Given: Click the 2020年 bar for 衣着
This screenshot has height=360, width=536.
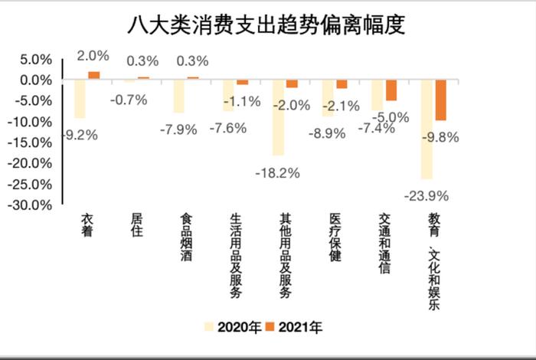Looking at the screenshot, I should click(x=80, y=99).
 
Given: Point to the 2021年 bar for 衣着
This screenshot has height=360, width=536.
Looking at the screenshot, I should click(x=93, y=75).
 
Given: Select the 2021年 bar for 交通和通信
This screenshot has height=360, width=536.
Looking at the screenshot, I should click(x=391, y=90).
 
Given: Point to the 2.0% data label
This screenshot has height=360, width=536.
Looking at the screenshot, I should click(x=93, y=55).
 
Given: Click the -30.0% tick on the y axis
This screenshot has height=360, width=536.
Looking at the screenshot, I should click(x=31, y=205).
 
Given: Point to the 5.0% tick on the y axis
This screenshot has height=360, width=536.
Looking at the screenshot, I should click(x=34, y=59).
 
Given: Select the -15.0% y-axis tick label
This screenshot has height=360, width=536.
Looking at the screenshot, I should click(x=31, y=142).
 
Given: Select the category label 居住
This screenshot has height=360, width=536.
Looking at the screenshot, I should click(x=136, y=226).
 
